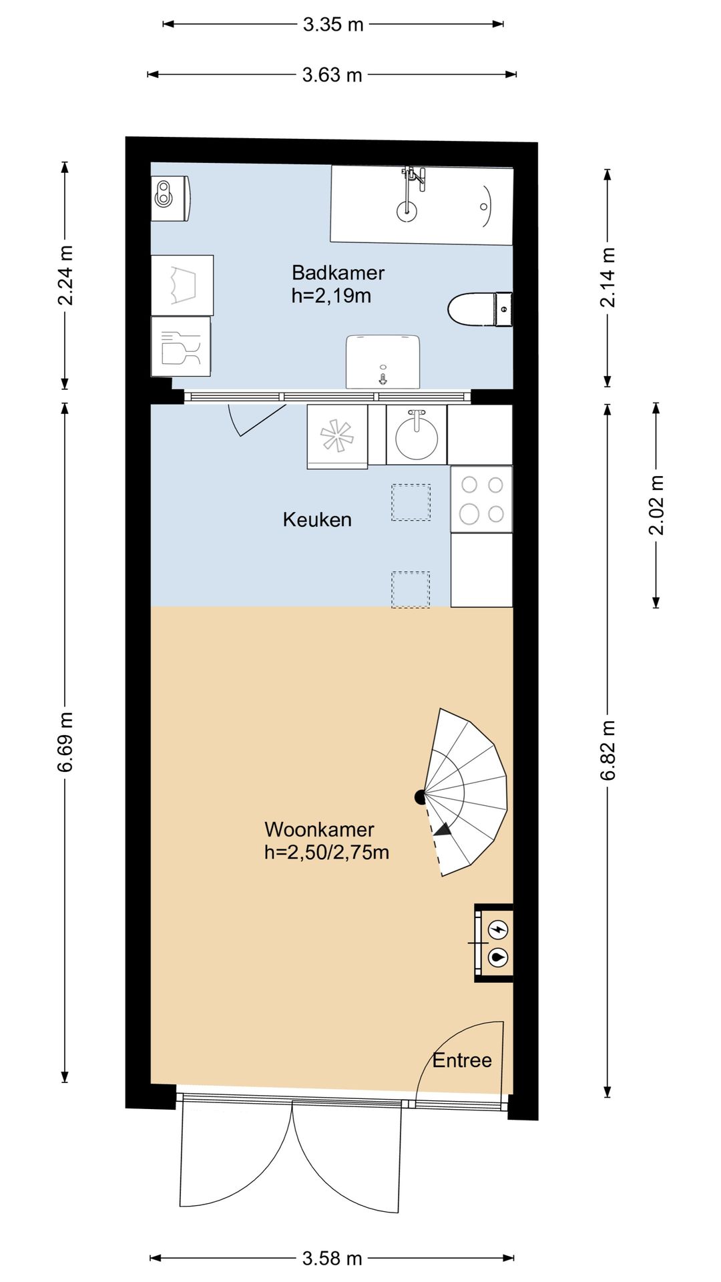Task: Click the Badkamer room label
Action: [338, 272]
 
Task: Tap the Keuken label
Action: [317, 519]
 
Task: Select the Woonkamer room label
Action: [319, 829]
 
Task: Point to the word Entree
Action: [462, 1060]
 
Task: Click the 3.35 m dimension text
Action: [333, 25]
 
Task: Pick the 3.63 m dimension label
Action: [332, 75]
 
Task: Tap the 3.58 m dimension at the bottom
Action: [332, 1259]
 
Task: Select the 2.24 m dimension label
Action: [65, 276]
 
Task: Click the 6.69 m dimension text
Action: [65, 742]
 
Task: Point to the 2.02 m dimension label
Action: [657, 505]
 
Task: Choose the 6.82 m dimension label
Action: [608, 751]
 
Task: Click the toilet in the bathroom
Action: [479, 310]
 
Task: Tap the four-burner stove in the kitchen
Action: [481, 499]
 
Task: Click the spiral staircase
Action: [467, 793]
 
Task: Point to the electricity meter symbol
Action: [499, 929]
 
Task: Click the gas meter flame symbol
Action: [499, 957]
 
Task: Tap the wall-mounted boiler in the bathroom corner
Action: [171, 198]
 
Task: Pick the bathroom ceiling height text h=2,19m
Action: [331, 296]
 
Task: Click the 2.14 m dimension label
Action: [608, 277]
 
